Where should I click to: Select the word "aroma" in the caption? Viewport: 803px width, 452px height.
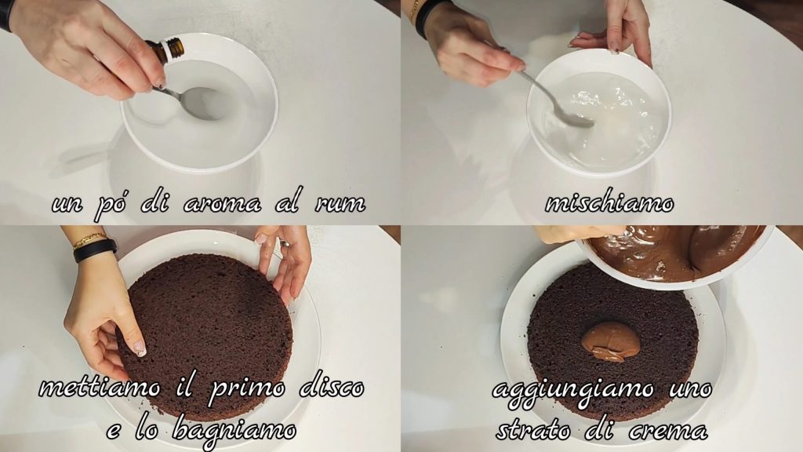pyautogui.click(x=222, y=203)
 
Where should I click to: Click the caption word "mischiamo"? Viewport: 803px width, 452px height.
pyautogui.click(x=609, y=203)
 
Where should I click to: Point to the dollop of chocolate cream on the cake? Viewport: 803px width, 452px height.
pyautogui.click(x=610, y=342)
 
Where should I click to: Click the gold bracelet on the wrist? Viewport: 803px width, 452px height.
pyautogui.click(x=89, y=239)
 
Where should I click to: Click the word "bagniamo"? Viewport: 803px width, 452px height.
pyautogui.click(x=234, y=429)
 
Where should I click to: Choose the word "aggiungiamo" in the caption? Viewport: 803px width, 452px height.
pyautogui.click(x=572, y=391)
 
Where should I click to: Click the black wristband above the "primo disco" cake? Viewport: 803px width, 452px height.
pyautogui.click(x=95, y=250)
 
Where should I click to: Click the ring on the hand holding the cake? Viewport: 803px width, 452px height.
pyautogui.click(x=283, y=243)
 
